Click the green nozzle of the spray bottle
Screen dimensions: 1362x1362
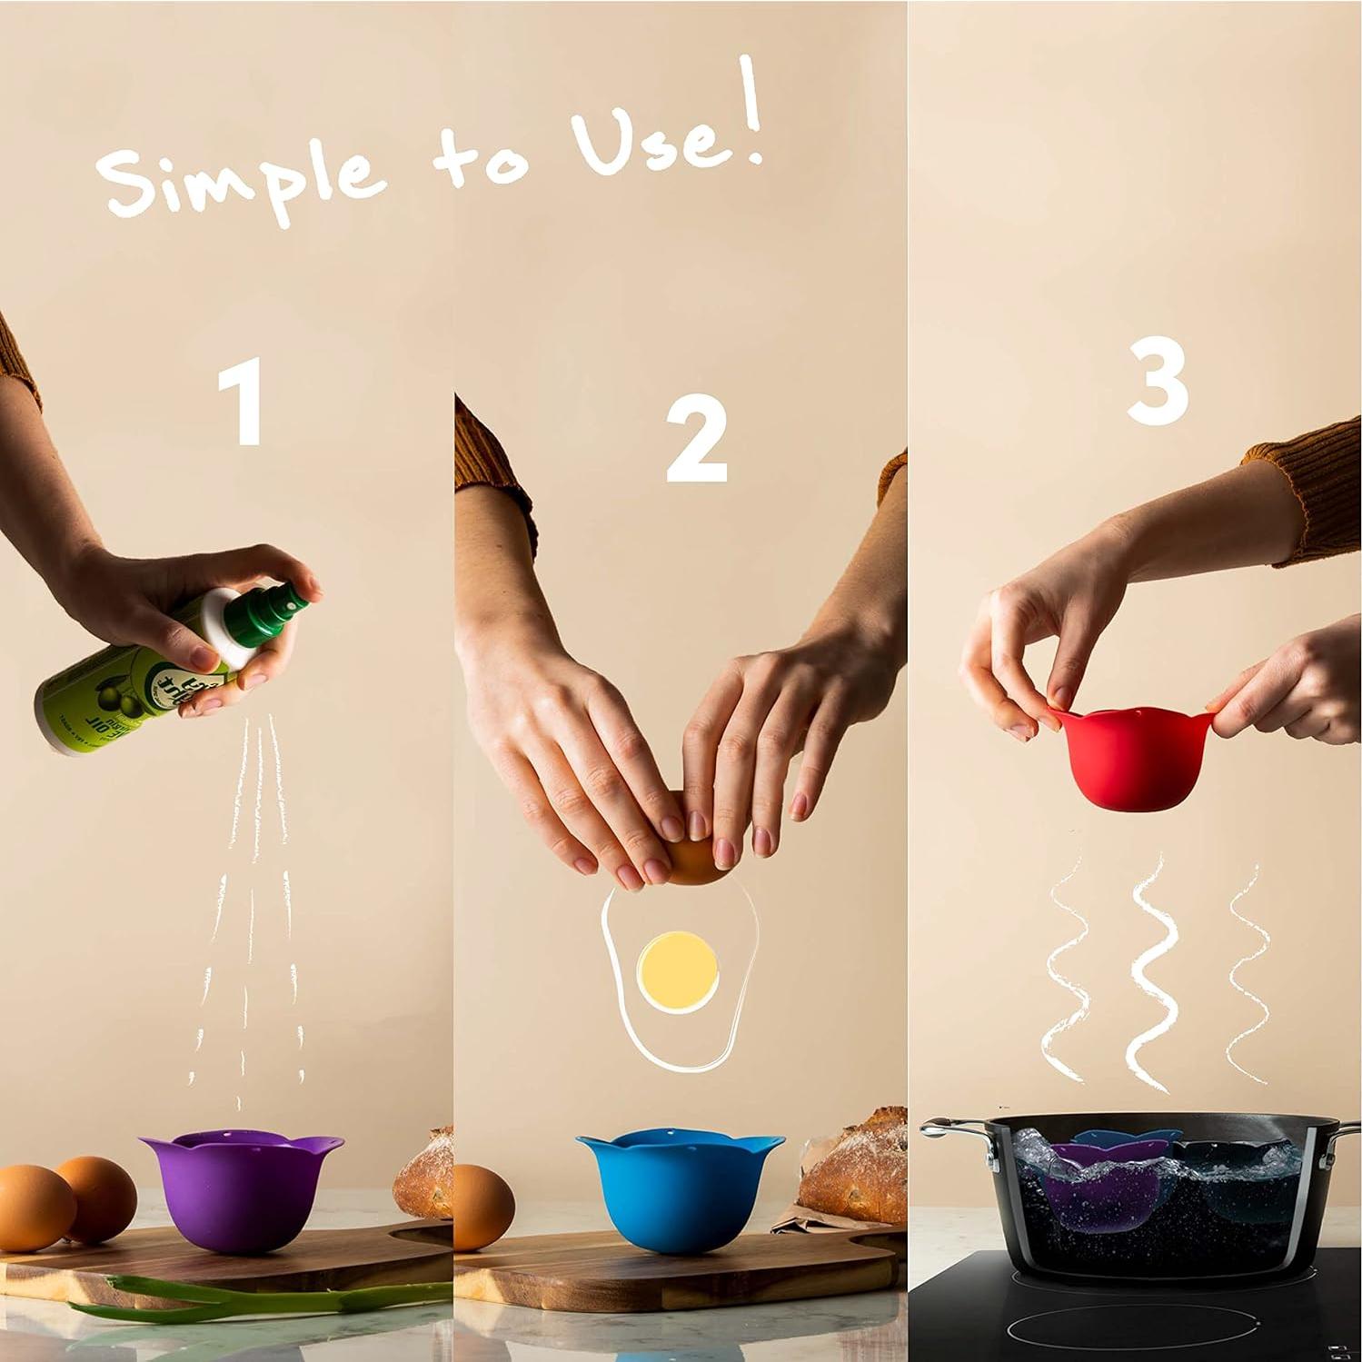[283, 606]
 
